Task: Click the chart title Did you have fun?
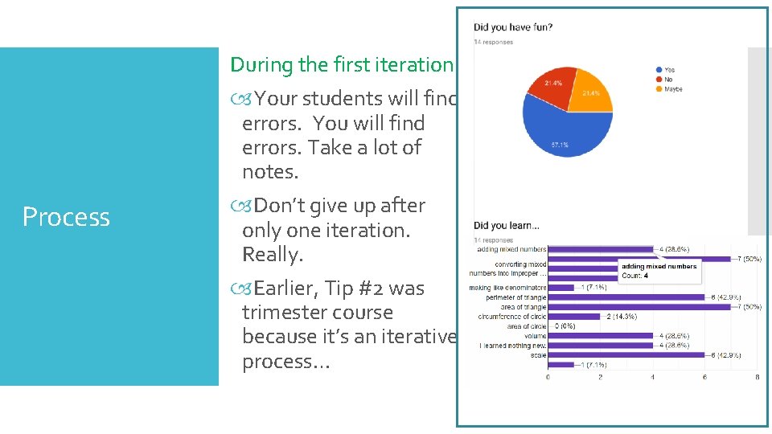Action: [x=513, y=27]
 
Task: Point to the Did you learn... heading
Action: [x=507, y=226]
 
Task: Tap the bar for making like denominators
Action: [x=561, y=288]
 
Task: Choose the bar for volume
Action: [x=599, y=336]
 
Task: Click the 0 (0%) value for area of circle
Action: [x=565, y=326]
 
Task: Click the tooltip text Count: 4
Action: [x=634, y=276]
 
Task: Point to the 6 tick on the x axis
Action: [x=704, y=376]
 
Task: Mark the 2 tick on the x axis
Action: [x=600, y=376]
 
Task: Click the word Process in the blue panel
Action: [x=66, y=217]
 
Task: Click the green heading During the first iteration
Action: [x=342, y=64]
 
